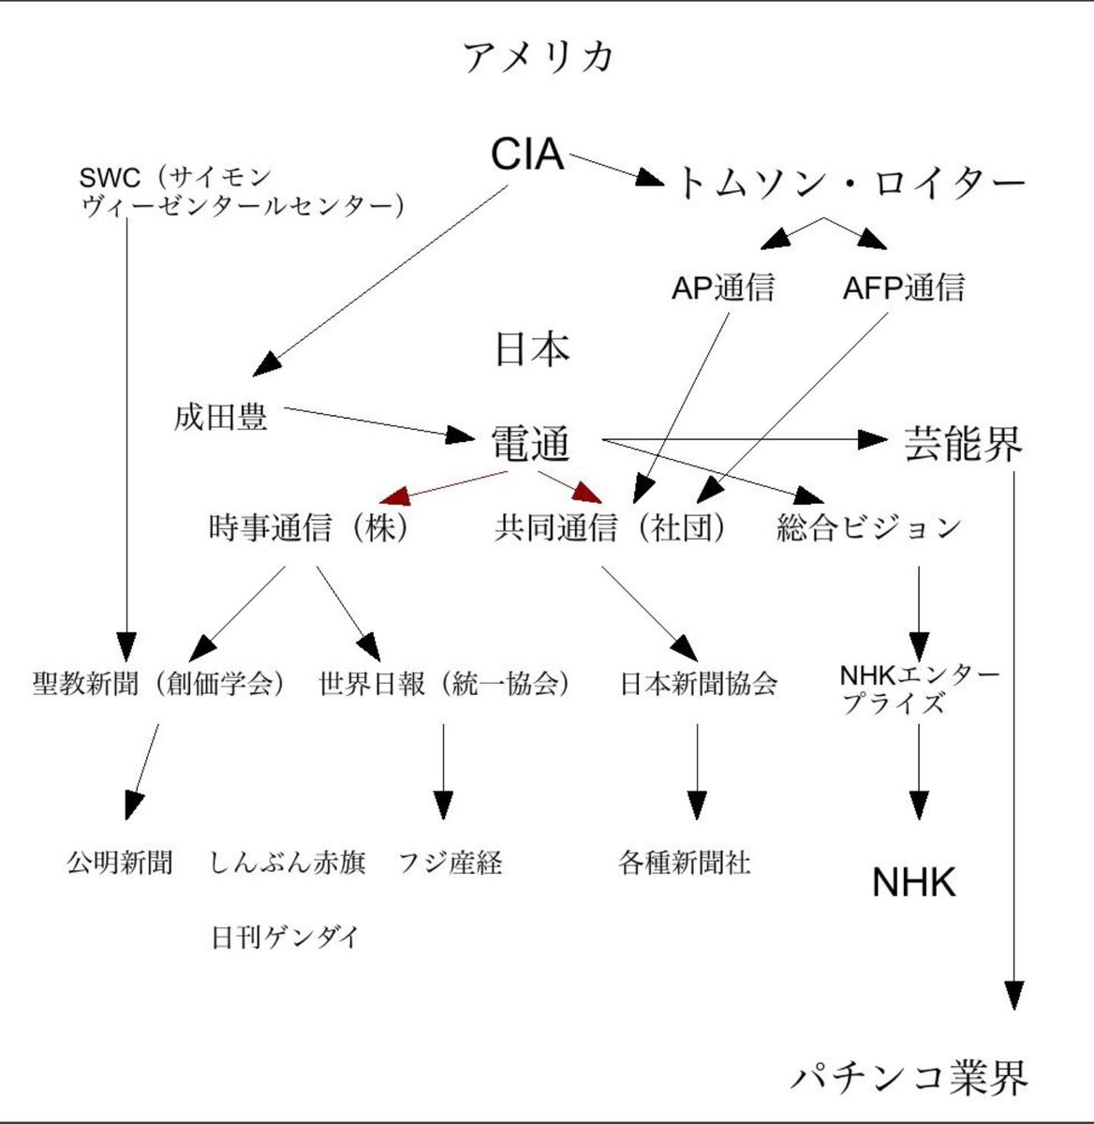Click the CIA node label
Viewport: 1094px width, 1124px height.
[x=527, y=155]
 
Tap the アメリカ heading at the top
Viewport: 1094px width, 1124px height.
[x=540, y=57]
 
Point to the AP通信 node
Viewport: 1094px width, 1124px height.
[x=723, y=288]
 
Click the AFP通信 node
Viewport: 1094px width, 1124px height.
[x=903, y=288]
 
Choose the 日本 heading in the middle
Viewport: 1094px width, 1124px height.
[x=532, y=349]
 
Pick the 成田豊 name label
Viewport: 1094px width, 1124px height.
[x=221, y=417]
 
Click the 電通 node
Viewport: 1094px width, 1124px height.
[x=531, y=445]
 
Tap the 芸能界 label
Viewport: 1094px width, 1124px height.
[x=963, y=444]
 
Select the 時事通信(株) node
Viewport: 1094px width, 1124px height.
[x=310, y=528]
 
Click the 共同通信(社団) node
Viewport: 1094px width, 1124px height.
[x=611, y=528]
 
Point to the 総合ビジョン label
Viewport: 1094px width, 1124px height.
[x=869, y=528]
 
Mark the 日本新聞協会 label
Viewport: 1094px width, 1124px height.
[x=699, y=683]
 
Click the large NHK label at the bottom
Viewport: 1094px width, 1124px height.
[x=914, y=882]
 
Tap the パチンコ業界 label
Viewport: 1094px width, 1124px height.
[x=909, y=1077]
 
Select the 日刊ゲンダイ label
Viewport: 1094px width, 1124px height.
[x=285, y=937]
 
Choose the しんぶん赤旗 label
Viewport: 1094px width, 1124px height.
[x=288, y=862]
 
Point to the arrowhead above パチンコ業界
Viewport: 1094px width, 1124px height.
[x=1013, y=996]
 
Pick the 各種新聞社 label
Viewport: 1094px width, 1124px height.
[x=685, y=862]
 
